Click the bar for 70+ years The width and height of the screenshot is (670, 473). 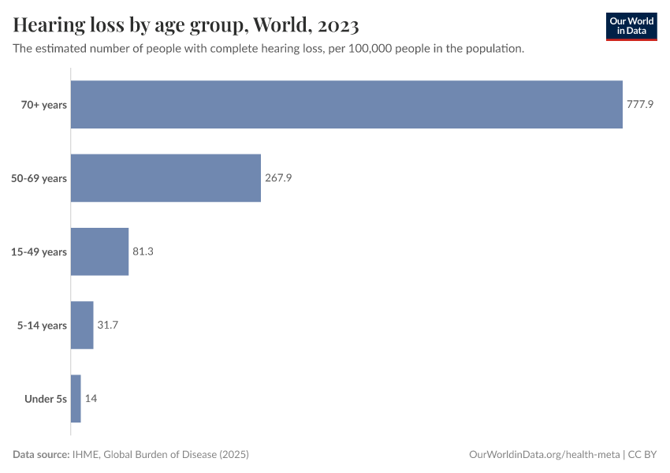[x=347, y=105]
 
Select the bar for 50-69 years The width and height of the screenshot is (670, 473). [x=166, y=178]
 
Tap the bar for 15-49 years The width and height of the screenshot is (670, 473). [x=99, y=251]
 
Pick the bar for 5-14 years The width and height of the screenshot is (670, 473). [x=82, y=325]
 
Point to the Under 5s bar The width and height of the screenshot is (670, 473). [x=76, y=398]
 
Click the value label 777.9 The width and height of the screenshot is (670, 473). [x=640, y=105]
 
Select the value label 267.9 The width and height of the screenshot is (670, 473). [x=278, y=178]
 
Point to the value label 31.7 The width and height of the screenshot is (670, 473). [x=108, y=325]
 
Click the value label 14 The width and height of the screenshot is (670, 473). [x=91, y=398]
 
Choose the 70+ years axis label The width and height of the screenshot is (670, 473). [x=44, y=105]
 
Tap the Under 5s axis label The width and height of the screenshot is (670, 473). [x=46, y=398]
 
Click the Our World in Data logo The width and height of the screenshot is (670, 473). [x=631, y=27]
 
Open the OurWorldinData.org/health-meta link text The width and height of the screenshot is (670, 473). [x=544, y=455]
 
